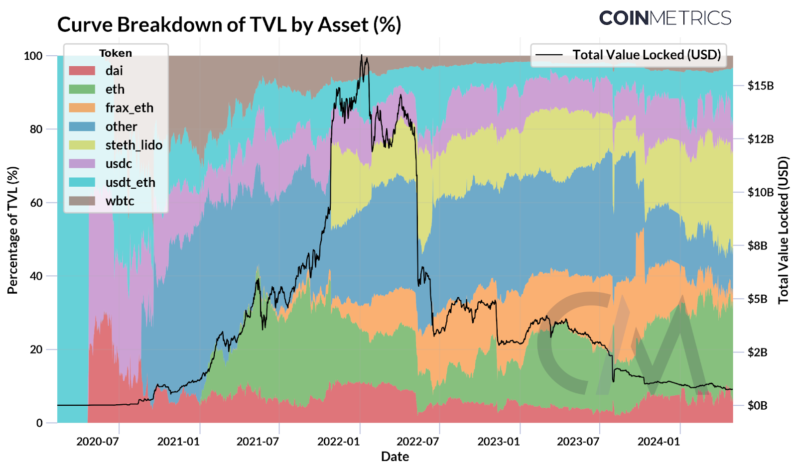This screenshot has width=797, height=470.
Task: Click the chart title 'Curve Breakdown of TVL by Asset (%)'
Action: point(229,25)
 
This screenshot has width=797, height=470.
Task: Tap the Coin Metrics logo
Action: point(665,18)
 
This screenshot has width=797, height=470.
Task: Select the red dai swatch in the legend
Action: point(82,71)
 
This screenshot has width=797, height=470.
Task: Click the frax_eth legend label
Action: point(129,108)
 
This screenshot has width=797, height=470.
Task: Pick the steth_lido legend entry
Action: point(133,145)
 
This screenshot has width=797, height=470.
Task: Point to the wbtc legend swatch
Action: point(82,201)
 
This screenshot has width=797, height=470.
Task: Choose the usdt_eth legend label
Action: point(130,183)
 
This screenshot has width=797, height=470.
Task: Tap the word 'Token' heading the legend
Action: point(116,53)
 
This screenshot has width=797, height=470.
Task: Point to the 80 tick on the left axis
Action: point(36,129)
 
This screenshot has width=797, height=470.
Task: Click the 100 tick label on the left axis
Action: point(33,56)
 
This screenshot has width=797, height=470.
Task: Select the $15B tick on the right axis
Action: point(761,86)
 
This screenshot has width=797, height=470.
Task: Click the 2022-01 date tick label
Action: point(338,442)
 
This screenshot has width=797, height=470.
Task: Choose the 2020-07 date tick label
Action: point(97,442)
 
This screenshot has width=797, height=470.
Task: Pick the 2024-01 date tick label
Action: point(659,442)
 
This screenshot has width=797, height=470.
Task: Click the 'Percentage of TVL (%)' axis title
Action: point(12,230)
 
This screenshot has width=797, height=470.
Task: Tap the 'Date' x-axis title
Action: point(395,457)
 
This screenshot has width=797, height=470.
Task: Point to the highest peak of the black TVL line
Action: point(362,55)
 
